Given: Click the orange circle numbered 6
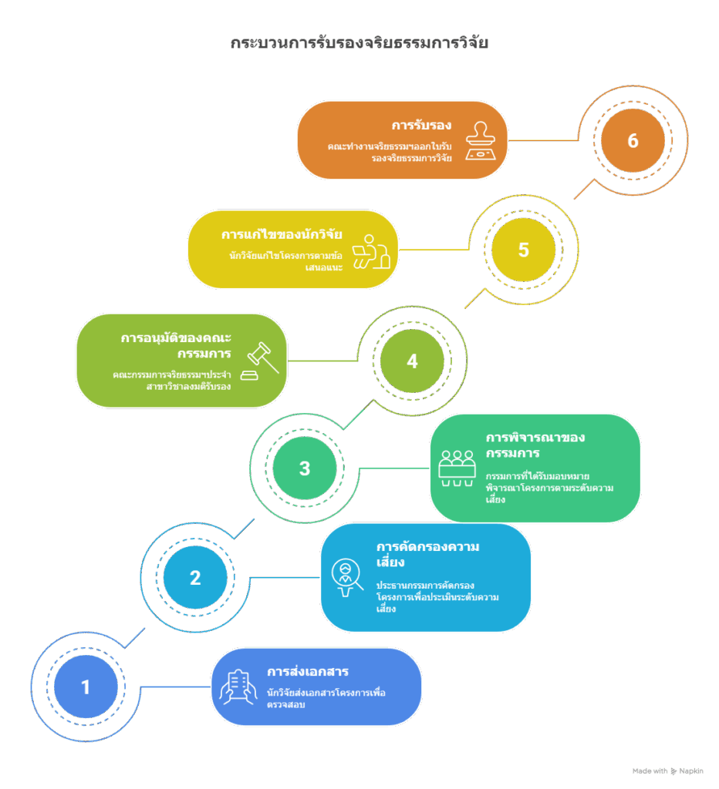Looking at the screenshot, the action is pyautogui.click(x=633, y=140).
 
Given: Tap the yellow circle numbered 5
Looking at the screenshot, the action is pyautogui.click(x=524, y=250).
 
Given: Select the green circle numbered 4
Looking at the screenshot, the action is pyautogui.click(x=412, y=361).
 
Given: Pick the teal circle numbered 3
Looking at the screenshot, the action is pyautogui.click(x=304, y=468).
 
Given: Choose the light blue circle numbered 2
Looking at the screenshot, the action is pyautogui.click(x=195, y=577).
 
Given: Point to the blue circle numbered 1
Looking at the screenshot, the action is pyautogui.click(x=86, y=687).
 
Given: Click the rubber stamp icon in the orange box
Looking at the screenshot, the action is pyautogui.click(x=480, y=140).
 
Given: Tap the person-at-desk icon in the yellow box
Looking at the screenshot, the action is pyautogui.click(x=371, y=252).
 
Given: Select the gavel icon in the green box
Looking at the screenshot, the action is pyautogui.click(x=260, y=361).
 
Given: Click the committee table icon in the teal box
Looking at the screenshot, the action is pyautogui.click(x=457, y=468).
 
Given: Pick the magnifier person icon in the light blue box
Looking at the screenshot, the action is pyautogui.click(x=347, y=577).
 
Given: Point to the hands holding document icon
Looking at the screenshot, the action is pyautogui.click(x=238, y=687).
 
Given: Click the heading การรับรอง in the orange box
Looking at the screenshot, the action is pyautogui.click(x=421, y=125).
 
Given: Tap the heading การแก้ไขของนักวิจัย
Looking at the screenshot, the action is pyautogui.click(x=282, y=234).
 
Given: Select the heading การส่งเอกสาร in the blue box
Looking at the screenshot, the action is pyautogui.click(x=307, y=671).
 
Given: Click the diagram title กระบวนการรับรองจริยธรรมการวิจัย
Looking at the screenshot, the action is pyautogui.click(x=359, y=43).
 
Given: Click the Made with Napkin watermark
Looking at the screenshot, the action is pyautogui.click(x=667, y=771).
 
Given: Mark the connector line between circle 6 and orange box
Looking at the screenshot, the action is pyautogui.click(x=543, y=140).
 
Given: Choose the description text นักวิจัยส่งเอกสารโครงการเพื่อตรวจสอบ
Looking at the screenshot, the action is pyautogui.click(x=326, y=698).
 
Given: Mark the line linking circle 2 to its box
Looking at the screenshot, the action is pyautogui.click(x=285, y=577).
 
